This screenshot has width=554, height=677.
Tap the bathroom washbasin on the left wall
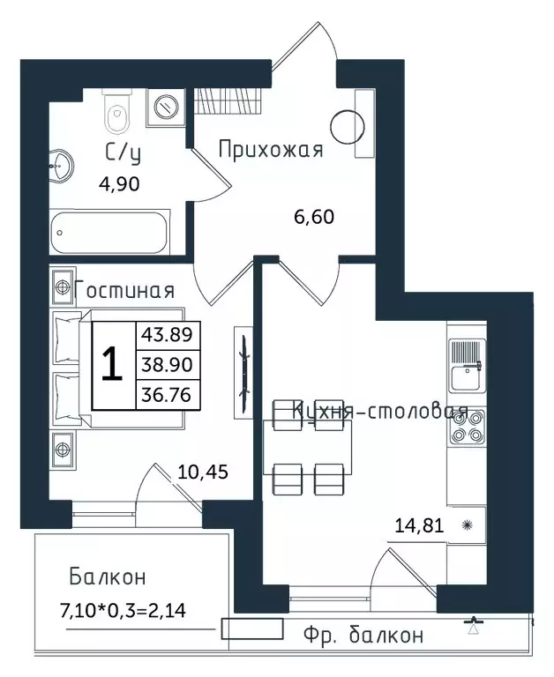pyautogui.click(x=61, y=167)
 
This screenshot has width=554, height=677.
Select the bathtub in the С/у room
pyautogui.click(x=109, y=233)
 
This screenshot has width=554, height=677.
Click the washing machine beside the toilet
pyautogui.click(x=166, y=108)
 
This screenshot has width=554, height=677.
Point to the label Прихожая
pyautogui.click(x=271, y=150)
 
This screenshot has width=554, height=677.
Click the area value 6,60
pyautogui.click(x=314, y=217)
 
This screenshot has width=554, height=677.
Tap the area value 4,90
pyautogui.click(x=119, y=184)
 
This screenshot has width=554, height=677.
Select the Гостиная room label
pyautogui.click(x=124, y=290)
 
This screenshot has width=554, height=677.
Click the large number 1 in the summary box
pyautogui.click(x=112, y=365)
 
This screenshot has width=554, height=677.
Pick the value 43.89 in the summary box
pyautogui.click(x=167, y=335)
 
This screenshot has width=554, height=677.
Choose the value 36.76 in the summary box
pyautogui.click(x=167, y=395)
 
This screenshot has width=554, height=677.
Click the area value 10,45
pyautogui.click(x=203, y=472)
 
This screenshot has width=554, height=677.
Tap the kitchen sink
pyautogui.click(x=468, y=365)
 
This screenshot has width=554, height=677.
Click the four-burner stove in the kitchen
pyautogui.click(x=468, y=427)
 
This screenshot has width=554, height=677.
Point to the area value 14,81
pyautogui.click(x=420, y=525)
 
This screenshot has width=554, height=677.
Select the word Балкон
pyautogui.click(x=108, y=577)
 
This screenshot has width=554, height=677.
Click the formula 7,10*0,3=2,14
pyautogui.click(x=124, y=611)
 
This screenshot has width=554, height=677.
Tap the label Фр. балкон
pyautogui.click(x=363, y=635)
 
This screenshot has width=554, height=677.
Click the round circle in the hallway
pyautogui.click(x=347, y=127)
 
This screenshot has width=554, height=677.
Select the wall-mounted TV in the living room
pyautogui.click(x=243, y=372)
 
